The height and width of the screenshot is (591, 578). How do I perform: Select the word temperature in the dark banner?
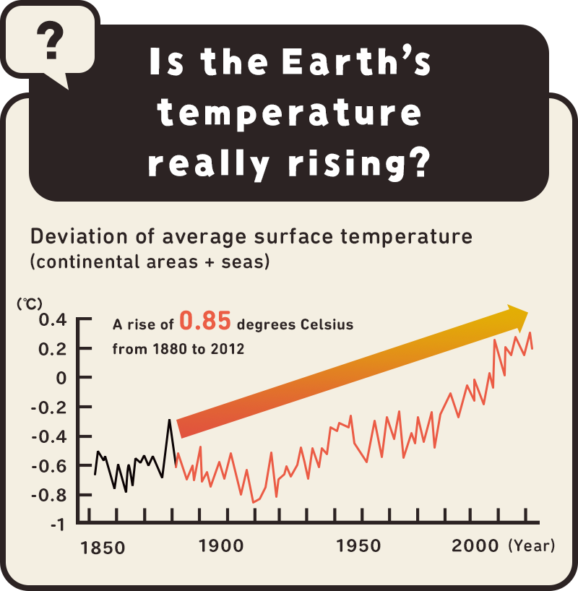(x=289, y=114)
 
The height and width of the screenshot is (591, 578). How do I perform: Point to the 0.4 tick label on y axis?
(x=51, y=319)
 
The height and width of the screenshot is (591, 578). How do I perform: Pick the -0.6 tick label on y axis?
(x=48, y=466)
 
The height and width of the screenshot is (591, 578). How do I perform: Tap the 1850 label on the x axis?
(x=102, y=548)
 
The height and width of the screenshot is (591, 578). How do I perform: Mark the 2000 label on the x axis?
(x=475, y=546)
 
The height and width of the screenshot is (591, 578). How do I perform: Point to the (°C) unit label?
(x=30, y=303)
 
